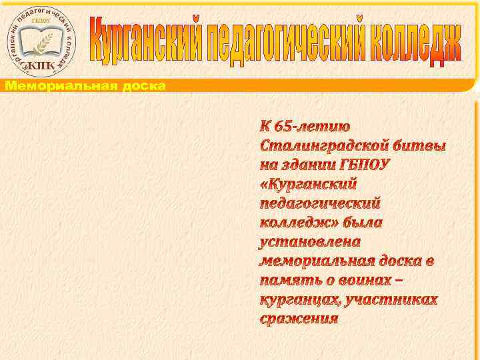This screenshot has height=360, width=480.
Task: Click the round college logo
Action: click(41, 41)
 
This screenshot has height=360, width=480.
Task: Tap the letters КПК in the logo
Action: click(41, 65)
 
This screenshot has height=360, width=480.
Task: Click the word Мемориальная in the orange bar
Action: click(59, 85)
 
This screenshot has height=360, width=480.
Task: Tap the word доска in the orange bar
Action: click(142, 85)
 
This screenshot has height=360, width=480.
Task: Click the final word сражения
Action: click(299, 319)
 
